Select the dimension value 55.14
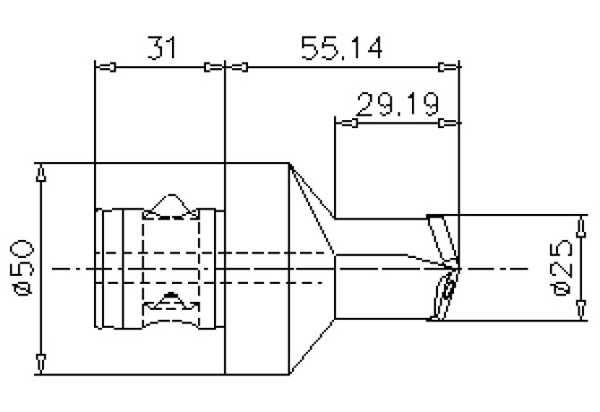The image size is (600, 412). point(345,49)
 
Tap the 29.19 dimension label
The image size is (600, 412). point(397,105)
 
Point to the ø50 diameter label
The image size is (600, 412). point(21,266)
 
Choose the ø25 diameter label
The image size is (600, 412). point(562,268)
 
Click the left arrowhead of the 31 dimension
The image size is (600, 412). point(106,67)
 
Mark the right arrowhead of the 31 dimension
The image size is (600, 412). point(213,67)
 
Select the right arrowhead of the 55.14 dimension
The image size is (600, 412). point(447,67)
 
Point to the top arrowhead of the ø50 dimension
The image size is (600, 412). point(39,173)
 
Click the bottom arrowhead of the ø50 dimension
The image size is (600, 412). point(39,363)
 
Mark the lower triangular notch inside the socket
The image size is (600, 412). point(170,299)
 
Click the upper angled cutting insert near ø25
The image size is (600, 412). point(441,236)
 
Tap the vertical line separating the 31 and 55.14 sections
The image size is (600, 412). point(225,269)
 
